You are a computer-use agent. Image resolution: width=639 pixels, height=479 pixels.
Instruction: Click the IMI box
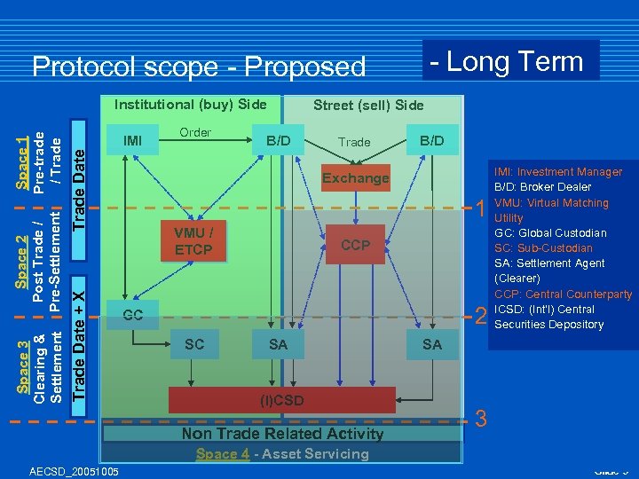[132, 140]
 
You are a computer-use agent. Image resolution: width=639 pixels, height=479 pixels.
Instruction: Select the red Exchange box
[355, 178]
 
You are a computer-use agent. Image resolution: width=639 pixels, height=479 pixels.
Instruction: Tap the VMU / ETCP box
[193, 241]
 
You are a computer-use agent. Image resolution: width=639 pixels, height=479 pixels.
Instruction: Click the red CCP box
[355, 245]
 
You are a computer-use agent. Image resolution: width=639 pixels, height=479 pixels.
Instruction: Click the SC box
[194, 344]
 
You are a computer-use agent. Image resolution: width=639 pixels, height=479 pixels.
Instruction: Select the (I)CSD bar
[281, 400]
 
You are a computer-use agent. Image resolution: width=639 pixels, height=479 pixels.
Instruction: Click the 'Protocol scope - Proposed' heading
[199, 67]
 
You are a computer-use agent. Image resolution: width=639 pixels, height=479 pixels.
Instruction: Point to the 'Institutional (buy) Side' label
[191, 105]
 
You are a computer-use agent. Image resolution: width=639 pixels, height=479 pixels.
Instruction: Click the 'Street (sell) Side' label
[368, 106]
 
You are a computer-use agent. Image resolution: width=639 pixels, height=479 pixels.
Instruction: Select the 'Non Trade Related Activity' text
[282, 434]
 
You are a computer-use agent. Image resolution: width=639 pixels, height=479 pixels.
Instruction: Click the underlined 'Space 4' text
[222, 454]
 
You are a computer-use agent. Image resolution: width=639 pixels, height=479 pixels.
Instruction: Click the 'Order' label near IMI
[195, 133]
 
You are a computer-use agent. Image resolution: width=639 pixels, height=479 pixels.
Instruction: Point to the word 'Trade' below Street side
[354, 142]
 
